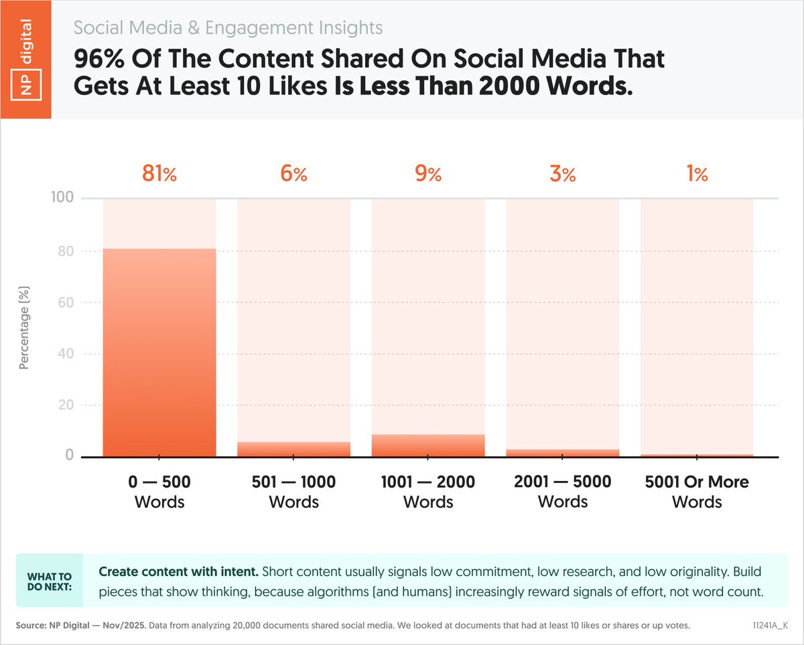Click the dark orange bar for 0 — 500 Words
[159, 353]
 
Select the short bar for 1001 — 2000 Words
[428, 446]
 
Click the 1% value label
[697, 174]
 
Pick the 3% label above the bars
[563, 174]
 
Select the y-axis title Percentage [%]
[25, 328]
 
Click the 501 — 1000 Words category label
[293, 492]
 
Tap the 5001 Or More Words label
[697, 492]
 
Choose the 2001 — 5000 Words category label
[563, 492]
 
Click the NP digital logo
[26, 60]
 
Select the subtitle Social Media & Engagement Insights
[228, 28]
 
